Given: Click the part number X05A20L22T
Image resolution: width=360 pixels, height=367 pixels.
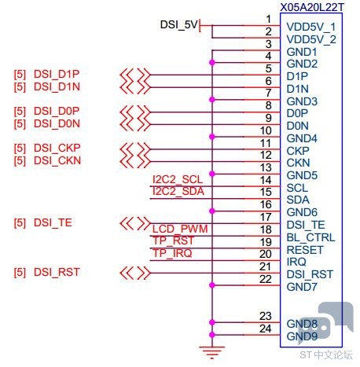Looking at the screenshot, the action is [x=311, y=7].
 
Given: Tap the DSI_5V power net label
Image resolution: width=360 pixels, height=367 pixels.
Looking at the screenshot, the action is [x=178, y=24].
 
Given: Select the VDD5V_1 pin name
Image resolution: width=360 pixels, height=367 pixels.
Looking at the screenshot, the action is [x=310, y=27].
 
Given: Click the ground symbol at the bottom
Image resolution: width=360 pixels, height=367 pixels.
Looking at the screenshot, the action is [x=212, y=352].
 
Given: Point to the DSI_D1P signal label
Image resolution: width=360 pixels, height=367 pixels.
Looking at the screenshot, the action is [x=57, y=74].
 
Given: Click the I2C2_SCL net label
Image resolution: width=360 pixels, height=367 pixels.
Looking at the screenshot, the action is [x=178, y=180].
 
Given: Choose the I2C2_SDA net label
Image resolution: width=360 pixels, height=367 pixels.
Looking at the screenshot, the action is [x=178, y=192].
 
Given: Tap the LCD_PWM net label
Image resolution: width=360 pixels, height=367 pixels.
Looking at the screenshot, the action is [x=180, y=229].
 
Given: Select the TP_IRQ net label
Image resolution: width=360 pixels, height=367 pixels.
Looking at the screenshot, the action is [x=172, y=253].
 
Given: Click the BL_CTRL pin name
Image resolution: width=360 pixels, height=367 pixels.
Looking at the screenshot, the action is [x=310, y=237].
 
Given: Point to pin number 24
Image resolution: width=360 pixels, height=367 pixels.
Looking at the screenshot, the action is [x=265, y=328].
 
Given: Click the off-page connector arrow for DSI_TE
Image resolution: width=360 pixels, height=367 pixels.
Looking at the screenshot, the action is [x=135, y=224].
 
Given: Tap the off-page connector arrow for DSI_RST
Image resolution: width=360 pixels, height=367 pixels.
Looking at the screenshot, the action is [x=135, y=273].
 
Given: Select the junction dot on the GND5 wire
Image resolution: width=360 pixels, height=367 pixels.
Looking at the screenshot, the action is [x=212, y=174].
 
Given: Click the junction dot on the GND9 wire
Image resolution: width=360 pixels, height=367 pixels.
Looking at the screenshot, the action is [x=212, y=335].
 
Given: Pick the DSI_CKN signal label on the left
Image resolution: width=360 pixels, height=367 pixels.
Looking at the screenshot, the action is [x=57, y=160].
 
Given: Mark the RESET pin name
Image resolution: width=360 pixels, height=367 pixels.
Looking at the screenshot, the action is [x=305, y=250].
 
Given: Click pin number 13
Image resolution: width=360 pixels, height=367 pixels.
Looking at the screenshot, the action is [x=266, y=167].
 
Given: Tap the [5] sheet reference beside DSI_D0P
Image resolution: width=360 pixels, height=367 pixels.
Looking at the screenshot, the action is [x=20, y=112].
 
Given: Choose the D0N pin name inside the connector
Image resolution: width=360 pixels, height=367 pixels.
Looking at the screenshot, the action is [x=297, y=126].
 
